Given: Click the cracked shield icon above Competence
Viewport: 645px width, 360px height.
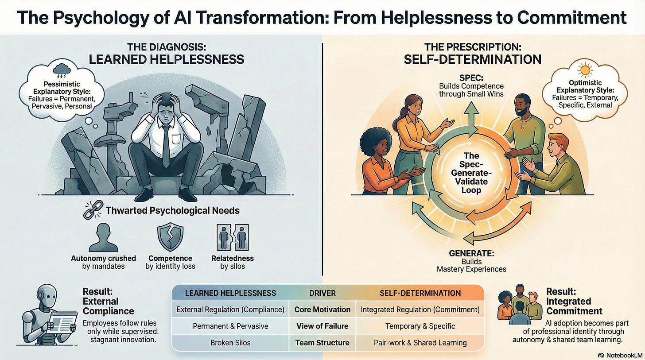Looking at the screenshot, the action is pos(171,237).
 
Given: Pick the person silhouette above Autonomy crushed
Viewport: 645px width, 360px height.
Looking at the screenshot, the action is pos(103,237).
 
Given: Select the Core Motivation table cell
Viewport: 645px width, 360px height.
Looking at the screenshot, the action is pos(322,310).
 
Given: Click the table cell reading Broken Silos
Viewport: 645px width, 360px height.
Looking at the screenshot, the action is pos(230,343).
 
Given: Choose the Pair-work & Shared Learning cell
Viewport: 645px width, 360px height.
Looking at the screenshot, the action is pos(420,343).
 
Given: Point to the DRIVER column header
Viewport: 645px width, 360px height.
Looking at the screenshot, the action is pos(322,293).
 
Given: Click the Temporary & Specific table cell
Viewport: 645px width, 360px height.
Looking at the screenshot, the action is pos(420,326).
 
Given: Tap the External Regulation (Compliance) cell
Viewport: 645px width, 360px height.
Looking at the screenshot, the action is pos(230,310).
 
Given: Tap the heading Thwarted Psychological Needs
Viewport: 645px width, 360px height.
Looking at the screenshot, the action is pos(172,210).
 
